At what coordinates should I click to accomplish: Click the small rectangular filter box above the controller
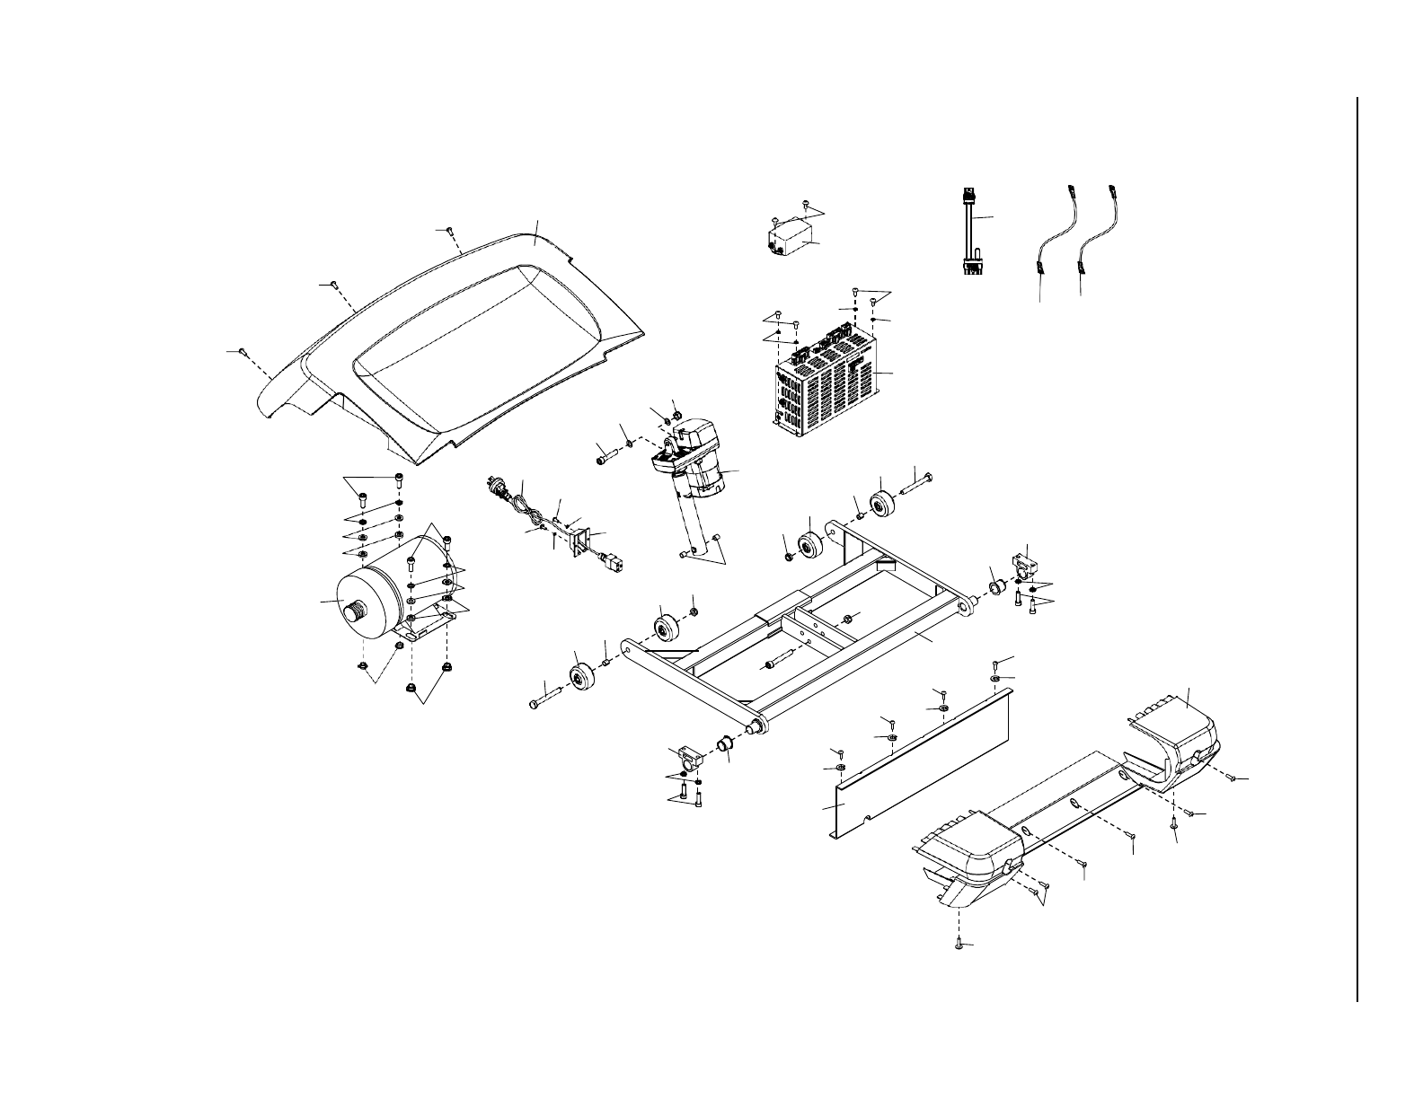pyautogui.click(x=784, y=240)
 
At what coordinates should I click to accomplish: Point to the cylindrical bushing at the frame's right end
pyautogui.click(x=996, y=587)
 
